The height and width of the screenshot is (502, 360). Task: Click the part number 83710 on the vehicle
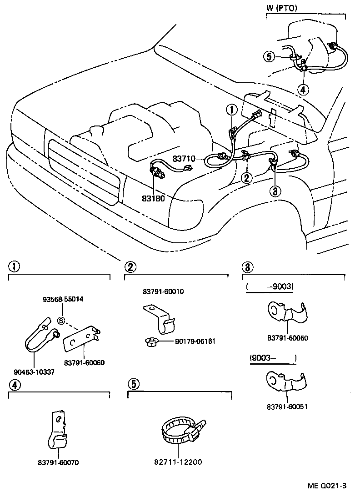point(184,159)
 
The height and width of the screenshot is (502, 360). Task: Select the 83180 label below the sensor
point(154,199)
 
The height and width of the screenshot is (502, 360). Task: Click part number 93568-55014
point(63,300)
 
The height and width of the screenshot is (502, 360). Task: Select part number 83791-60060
point(84,362)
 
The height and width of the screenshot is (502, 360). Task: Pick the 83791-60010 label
point(162,291)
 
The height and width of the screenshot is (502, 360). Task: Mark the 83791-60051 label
point(287,407)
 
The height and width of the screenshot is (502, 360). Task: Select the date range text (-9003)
point(270,287)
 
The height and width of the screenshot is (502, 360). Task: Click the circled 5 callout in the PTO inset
point(269,56)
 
